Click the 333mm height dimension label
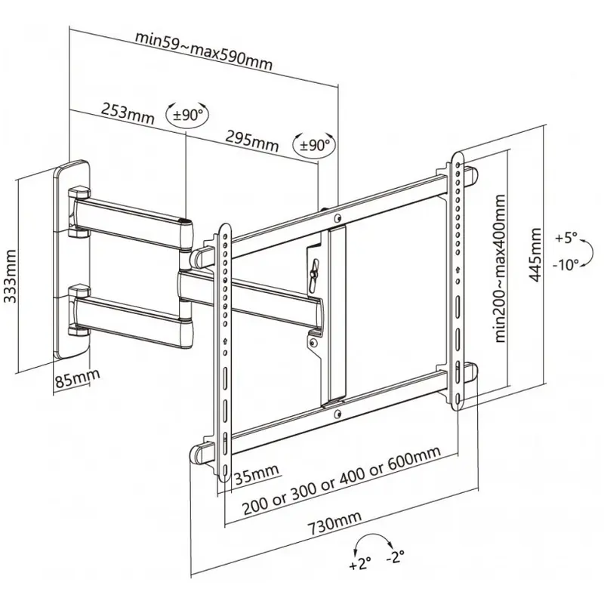pos(10,276)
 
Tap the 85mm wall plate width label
pos(78,378)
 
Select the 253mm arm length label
pos(128,113)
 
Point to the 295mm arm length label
pos(251,141)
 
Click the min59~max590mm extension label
pos(204,51)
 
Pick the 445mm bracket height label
pos(535,255)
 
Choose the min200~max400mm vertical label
pos(499,269)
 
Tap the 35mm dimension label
pos(257,474)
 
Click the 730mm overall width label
pos(334,523)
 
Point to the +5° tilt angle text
pos(566,238)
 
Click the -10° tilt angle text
pos(565,265)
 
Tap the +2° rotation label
pos(360,564)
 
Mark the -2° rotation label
pos(395,556)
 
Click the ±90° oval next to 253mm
pos(187,115)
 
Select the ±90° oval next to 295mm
pos(314,144)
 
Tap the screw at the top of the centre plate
pos(337,218)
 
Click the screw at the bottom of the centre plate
pos(337,414)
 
